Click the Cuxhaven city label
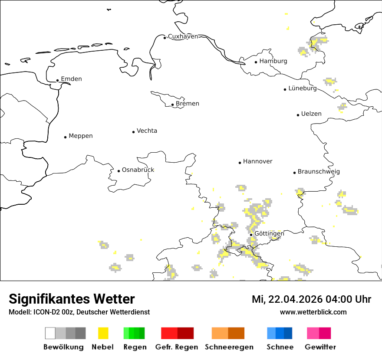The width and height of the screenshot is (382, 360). click(x=183, y=36)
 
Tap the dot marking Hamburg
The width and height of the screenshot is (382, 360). click(x=256, y=62)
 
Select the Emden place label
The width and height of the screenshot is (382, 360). click(x=71, y=79)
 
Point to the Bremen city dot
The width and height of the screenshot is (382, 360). click(x=173, y=105)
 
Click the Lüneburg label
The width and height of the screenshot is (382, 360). click(x=303, y=88)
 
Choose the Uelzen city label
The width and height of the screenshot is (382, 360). click(x=311, y=114)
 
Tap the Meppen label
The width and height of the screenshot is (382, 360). click(x=81, y=136)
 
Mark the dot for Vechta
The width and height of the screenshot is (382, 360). click(x=134, y=132)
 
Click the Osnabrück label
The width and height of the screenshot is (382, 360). click(x=138, y=170)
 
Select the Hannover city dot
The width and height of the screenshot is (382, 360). click(x=240, y=163)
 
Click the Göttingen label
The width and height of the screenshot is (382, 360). click(x=269, y=234)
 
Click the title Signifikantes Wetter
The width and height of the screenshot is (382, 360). click(x=72, y=299)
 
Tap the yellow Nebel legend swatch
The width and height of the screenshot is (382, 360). click(x=103, y=333)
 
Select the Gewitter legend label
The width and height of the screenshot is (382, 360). click(x=320, y=347)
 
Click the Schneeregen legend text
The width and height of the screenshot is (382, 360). click(x=229, y=347)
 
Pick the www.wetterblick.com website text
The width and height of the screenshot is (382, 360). click(x=313, y=312)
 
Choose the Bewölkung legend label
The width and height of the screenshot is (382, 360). click(x=63, y=347)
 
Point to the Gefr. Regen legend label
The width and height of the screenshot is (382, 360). click(x=177, y=347)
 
